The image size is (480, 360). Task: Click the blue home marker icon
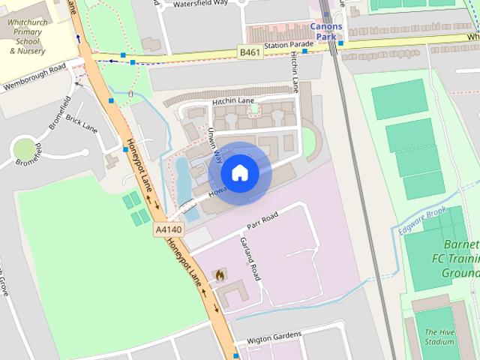(x=239, y=173)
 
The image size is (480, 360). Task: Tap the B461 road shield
(x=250, y=52)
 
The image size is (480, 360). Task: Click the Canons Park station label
(x=326, y=31)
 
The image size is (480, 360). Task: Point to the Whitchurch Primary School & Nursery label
(x=28, y=37)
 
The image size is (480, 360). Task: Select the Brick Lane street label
(x=82, y=123)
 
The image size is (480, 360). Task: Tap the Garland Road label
(x=250, y=259)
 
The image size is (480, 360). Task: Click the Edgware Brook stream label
(x=422, y=222)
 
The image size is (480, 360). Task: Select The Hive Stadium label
(x=439, y=337)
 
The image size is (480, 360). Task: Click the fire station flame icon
(x=219, y=275)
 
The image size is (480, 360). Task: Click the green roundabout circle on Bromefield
(x=25, y=149)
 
